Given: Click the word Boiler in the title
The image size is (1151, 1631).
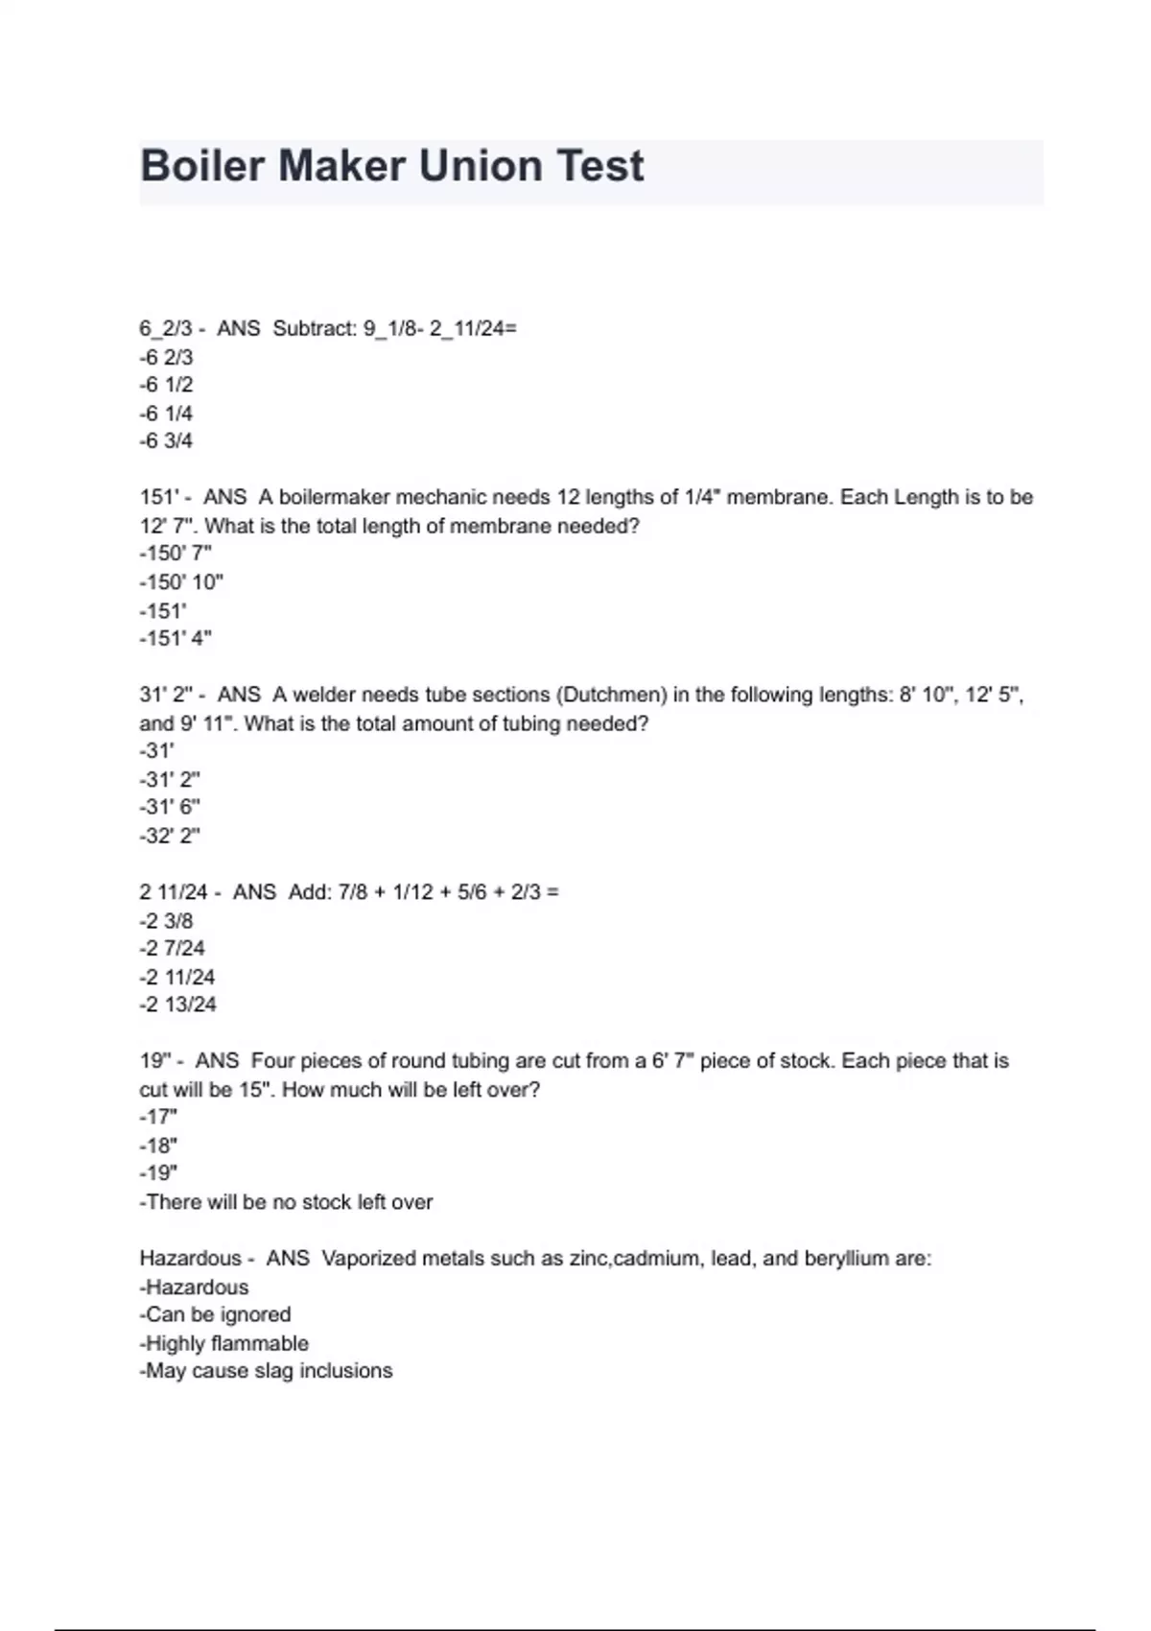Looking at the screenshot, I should tap(202, 166).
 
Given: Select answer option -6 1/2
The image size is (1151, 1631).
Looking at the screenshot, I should tap(166, 385).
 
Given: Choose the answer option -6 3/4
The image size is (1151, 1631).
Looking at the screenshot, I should tap(166, 441).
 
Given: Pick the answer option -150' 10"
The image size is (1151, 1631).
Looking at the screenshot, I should tap(181, 582).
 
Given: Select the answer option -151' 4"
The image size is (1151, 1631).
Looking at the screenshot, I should tap(176, 638).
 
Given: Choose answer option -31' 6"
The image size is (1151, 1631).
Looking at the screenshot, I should tap(170, 807).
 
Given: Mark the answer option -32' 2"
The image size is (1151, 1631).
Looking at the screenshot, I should tap(170, 836).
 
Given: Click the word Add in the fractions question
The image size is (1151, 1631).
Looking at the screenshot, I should tap(309, 892).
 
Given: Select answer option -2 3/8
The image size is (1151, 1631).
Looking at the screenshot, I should tap(166, 921).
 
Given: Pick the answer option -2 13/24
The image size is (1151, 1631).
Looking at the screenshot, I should tap(177, 1005).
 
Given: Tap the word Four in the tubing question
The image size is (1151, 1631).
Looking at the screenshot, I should tap(272, 1061).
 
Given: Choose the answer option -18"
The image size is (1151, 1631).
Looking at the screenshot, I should tap(158, 1146).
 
